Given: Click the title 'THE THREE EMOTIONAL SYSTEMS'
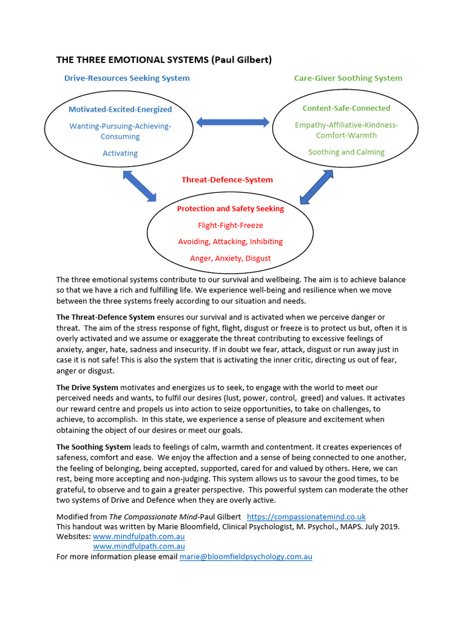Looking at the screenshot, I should coord(132,59).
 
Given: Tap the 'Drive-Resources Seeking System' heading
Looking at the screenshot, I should coord(127,78).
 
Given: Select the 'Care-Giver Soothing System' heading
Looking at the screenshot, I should coord(348,78).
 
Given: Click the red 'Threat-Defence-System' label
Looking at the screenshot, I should coord(227,180).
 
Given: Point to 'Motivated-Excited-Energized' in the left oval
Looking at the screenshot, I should coord(120,109).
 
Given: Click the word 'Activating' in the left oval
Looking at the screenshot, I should coord(120,153).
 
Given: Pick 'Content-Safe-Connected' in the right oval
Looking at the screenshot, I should coord(346,108).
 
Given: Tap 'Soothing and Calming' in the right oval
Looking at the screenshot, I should coord(346,152).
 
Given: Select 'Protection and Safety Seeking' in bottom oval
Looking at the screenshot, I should coord(230,209).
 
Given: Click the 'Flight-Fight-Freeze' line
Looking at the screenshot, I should coord(230,225).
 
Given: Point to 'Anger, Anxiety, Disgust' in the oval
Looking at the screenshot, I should coord(230,258).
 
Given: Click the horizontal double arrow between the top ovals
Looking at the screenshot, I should coord(232,122).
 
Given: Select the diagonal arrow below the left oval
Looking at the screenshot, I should coord(140,186).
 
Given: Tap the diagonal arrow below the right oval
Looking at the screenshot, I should coord(317,187).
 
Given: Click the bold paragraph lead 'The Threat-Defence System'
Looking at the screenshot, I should coord(106,317).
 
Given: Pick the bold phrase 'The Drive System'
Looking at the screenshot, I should coord(87,387).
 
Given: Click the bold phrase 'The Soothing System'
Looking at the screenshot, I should coord(93,447).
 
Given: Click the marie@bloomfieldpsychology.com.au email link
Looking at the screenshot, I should coord(246,556).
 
